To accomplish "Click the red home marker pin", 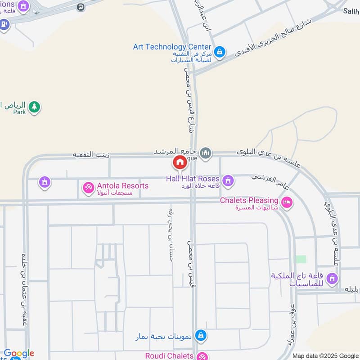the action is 180,162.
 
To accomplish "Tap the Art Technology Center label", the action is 172,47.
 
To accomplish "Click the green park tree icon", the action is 34,107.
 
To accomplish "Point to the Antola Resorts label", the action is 122,186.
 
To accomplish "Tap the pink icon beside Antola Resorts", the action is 89,187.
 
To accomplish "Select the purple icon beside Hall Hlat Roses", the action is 228,180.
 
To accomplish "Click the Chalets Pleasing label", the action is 249,200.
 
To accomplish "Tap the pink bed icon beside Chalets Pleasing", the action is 287,202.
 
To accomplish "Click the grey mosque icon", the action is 206,153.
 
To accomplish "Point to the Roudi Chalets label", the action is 169,355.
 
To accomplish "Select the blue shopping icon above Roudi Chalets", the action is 202,335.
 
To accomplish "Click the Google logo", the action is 19,354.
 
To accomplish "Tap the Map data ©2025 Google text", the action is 325,355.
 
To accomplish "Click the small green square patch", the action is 301,259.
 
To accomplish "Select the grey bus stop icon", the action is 81,7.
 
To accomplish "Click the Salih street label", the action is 351,11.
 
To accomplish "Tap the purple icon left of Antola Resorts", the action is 44,182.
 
